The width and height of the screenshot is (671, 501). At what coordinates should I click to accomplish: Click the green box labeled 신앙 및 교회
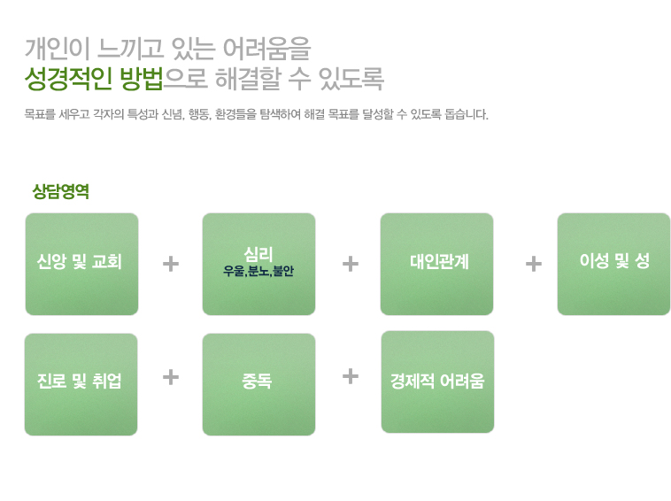coord(81,264)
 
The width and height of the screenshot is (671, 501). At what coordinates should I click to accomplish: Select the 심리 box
coord(258,264)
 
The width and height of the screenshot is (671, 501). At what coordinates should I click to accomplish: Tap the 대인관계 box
coord(437,264)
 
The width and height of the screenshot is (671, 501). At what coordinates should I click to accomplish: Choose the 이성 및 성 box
coord(613,264)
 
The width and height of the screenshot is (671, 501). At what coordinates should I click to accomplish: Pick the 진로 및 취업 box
coord(81,385)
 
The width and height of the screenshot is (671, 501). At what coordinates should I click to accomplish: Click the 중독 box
coord(258,385)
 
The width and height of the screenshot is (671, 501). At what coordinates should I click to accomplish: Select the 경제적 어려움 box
coord(438,382)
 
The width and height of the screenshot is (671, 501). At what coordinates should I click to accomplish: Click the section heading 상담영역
coord(61,191)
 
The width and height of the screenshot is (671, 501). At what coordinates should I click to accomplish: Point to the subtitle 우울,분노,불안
coord(258,271)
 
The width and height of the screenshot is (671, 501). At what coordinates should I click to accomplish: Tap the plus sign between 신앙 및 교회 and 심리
coord(171,264)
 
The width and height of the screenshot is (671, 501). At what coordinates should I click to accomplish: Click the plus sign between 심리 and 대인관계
coord(351,264)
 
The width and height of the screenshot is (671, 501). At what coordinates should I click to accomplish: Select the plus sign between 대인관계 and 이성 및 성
coord(534,264)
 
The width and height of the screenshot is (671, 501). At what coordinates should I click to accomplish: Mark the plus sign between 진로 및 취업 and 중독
coord(171,377)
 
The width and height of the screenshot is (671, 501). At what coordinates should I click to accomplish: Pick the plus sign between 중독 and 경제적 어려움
coord(351,376)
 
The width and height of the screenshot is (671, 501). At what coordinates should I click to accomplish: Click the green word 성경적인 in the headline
coord(68,78)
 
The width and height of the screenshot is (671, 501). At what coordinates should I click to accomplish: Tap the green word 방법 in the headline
coord(142,78)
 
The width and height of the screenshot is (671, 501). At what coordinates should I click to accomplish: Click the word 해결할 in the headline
coord(247,78)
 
